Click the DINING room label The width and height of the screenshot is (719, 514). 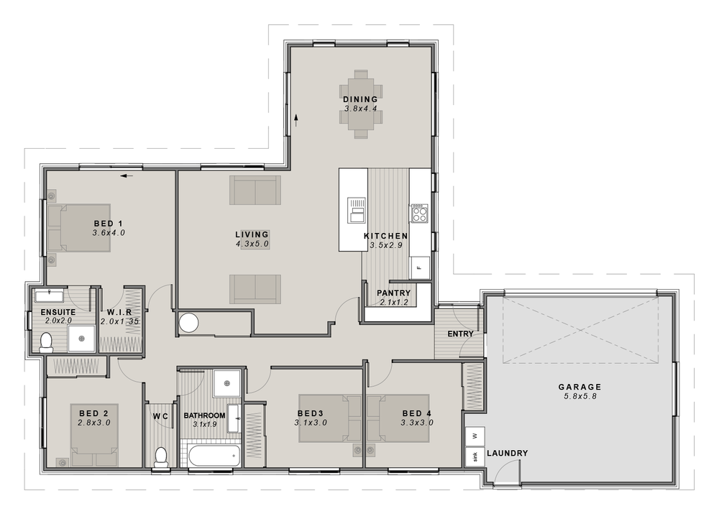[360, 99]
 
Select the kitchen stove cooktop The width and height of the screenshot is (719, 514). [419, 213]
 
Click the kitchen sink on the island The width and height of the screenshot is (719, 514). [357, 211]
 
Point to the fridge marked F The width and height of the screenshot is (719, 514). [420, 267]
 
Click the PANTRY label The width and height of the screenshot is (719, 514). [393, 293]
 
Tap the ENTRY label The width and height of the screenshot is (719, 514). [460, 334]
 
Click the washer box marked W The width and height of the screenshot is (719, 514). [475, 435]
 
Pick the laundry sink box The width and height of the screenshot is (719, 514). [475, 456]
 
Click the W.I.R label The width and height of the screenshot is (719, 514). [120, 312]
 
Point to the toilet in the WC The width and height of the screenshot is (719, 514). [161, 456]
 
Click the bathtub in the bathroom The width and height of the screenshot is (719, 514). [214, 455]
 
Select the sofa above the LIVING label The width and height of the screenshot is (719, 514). [255, 191]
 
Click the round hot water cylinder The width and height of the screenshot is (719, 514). [189, 323]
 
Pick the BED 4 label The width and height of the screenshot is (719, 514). [417, 413]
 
